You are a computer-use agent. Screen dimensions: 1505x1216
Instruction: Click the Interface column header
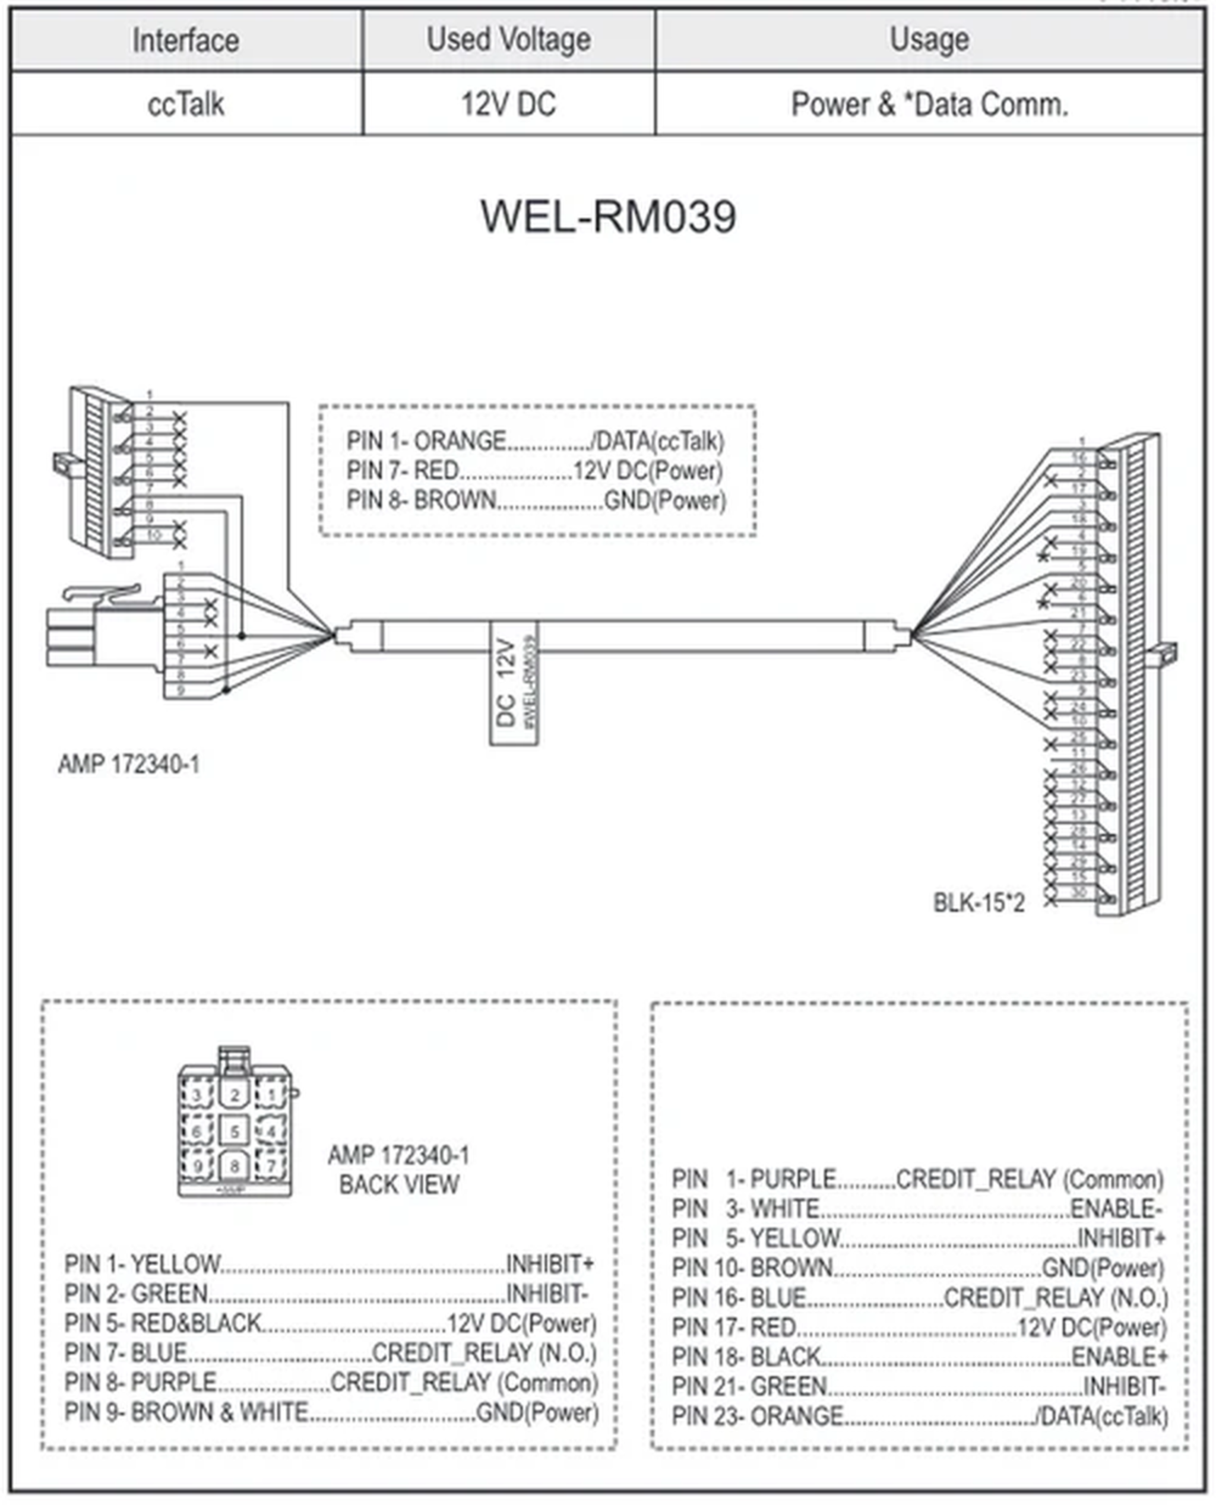(186, 40)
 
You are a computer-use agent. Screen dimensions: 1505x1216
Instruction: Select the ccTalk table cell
(186, 104)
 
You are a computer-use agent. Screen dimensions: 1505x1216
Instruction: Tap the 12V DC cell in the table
(508, 104)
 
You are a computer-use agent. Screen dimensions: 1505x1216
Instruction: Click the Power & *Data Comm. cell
(929, 104)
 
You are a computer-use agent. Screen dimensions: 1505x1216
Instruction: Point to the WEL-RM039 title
(608, 217)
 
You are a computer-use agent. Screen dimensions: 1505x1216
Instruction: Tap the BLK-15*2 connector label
(978, 903)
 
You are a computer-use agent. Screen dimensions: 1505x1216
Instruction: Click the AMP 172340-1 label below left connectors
(129, 764)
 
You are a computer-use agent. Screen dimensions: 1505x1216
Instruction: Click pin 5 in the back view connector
(235, 1130)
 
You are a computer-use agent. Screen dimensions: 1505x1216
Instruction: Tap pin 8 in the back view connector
(235, 1167)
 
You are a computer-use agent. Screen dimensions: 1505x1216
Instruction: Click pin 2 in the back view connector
(235, 1095)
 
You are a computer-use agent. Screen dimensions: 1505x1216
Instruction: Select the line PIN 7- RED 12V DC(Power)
(534, 471)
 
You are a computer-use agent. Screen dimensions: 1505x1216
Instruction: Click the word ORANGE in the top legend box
(460, 441)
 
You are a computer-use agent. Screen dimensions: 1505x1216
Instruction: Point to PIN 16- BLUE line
(919, 1298)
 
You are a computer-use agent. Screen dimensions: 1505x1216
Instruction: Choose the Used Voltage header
(508, 40)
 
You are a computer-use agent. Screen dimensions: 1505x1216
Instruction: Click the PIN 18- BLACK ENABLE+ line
(919, 1357)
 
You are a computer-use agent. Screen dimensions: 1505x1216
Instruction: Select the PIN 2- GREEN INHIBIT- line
(326, 1294)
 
